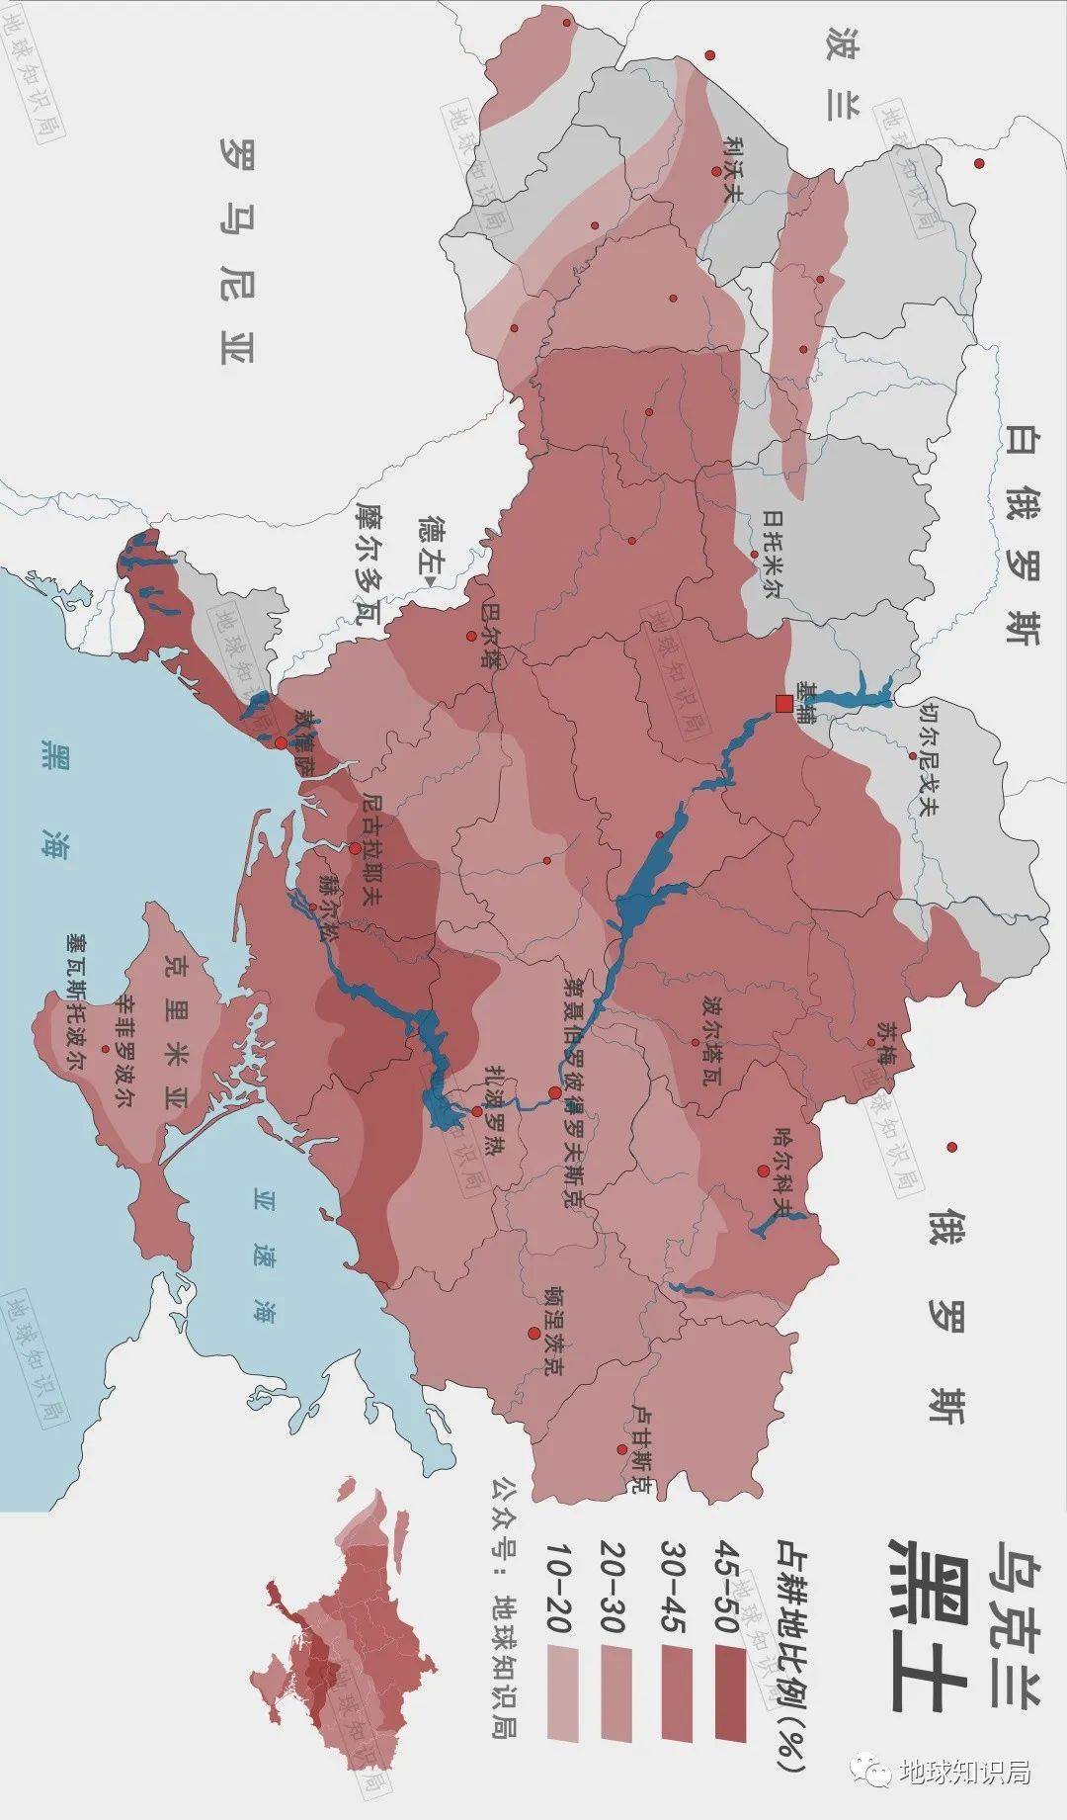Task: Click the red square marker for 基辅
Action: coord(782,704)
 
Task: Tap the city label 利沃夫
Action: coord(732,170)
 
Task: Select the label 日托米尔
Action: coord(772,555)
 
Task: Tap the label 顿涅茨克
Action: coord(552,1332)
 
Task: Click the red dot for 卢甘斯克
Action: coord(621,1449)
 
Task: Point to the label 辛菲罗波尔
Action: coord(125,1050)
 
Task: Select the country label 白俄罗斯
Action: coord(1023,534)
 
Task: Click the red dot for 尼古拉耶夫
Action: coord(355,848)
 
